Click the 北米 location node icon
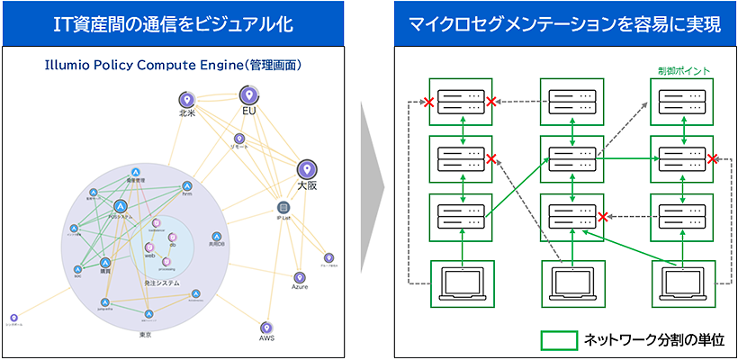click(186, 99)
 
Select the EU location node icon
click(249, 94)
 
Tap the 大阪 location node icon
click(307, 168)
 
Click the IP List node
click(283, 206)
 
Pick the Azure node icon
click(300, 276)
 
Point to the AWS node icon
click(266, 328)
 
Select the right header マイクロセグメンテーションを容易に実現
click(564, 24)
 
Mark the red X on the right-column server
click(712, 159)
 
